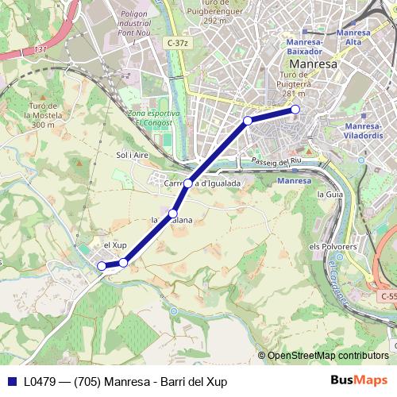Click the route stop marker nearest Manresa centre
[x=295, y=109]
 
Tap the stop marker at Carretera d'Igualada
[x=188, y=183]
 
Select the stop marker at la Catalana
[x=173, y=213]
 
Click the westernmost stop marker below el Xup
[x=101, y=266]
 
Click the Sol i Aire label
[x=133, y=156]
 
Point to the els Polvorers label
[x=330, y=246]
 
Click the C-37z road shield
[x=178, y=42]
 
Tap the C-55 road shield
[x=388, y=296]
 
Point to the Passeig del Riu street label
[x=276, y=162]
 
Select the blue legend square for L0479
[x=11, y=382]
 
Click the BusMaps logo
[x=360, y=381]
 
